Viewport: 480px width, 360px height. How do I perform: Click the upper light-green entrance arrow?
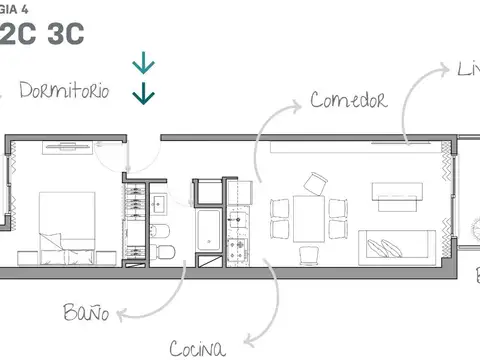pyautogui.click(x=144, y=67)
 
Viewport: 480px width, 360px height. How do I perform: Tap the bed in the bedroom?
pyautogui.click(x=67, y=222)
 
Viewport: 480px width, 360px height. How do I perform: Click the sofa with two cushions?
pyautogui.click(x=397, y=244)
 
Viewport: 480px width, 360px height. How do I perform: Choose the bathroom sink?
pyautogui.click(x=160, y=204)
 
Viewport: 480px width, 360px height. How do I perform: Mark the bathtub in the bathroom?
pyautogui.click(x=208, y=231)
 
